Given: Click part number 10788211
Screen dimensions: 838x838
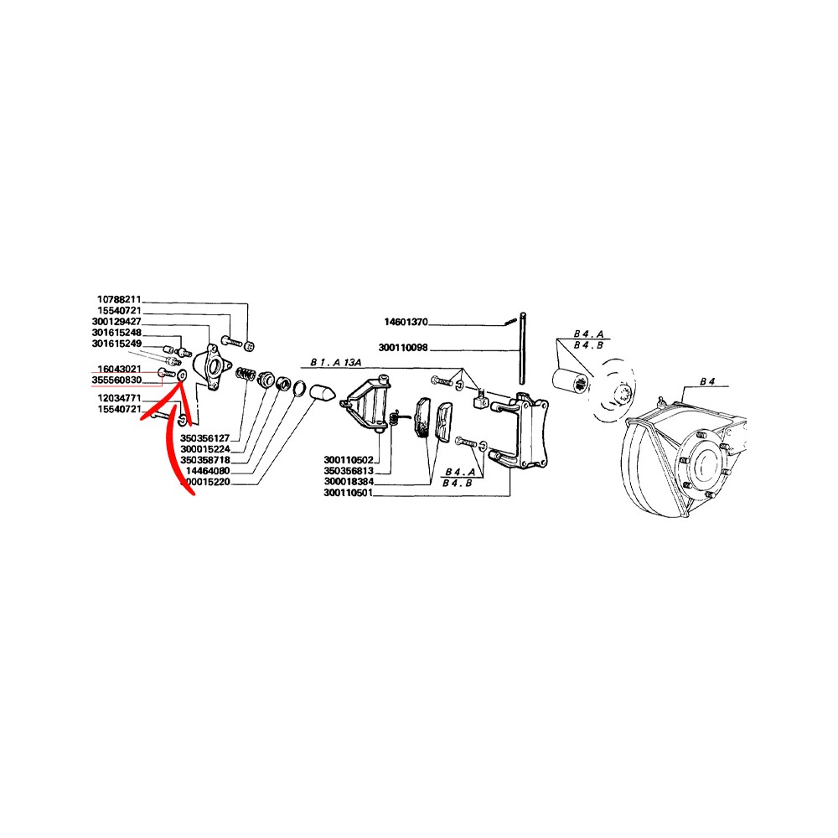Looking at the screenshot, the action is [119, 300].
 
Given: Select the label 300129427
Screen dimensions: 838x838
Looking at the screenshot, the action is [116, 322].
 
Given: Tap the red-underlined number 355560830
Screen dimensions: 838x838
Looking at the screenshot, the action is [116, 380].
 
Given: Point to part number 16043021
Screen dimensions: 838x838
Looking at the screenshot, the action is [119, 370].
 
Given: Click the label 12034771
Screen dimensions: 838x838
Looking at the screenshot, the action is [119, 398].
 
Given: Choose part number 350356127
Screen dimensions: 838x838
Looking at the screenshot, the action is [204, 438].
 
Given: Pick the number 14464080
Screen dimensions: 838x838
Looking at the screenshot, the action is [207, 471].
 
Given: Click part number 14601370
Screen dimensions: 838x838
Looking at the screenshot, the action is [406, 322].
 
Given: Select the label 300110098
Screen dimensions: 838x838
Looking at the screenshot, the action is [403, 348].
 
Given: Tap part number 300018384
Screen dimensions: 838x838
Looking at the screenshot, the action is [349, 482].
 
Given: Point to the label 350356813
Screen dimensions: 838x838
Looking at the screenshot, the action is [349, 471].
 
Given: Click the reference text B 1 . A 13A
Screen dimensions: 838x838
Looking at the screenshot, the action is [336, 363].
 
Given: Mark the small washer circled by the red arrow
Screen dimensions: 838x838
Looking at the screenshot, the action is [181, 376].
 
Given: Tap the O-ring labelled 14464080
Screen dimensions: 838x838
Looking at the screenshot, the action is [300, 389].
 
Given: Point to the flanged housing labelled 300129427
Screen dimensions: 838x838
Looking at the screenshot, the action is [212, 367].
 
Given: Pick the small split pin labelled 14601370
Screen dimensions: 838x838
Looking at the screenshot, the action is [510, 322].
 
